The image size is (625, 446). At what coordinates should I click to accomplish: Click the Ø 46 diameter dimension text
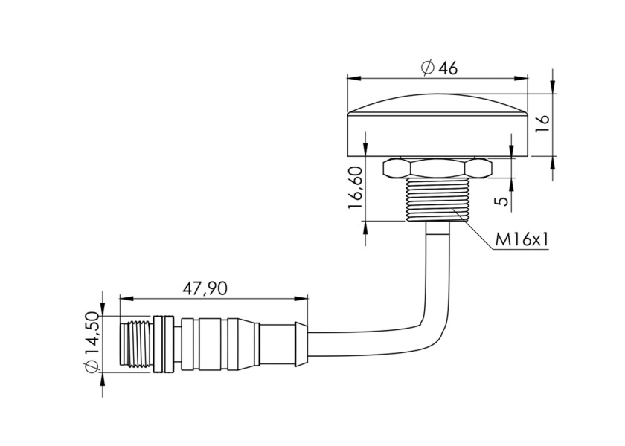pyautogui.click(x=438, y=68)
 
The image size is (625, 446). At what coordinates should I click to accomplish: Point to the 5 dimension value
pyautogui.click(x=503, y=200)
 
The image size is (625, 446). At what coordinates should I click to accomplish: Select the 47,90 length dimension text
pyautogui.click(x=205, y=288)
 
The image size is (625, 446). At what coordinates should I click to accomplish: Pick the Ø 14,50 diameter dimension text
pyautogui.click(x=92, y=342)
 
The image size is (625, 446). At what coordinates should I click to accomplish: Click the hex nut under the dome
pyautogui.click(x=437, y=168)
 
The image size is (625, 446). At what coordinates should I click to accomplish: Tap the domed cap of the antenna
pyautogui.click(x=437, y=119)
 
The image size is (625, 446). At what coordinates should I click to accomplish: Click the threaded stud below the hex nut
pyautogui.click(x=437, y=200)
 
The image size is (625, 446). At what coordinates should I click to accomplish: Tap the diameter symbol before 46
pyautogui.click(x=427, y=68)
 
